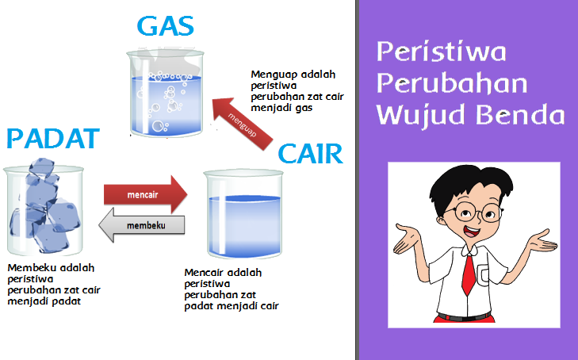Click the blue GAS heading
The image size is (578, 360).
(x=166, y=26)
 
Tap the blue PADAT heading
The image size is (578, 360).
(x=53, y=139)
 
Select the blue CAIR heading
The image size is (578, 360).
(x=310, y=154)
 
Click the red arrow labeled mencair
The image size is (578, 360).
(x=146, y=194)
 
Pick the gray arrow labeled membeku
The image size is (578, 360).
(x=142, y=225)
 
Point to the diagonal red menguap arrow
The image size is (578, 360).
(x=242, y=124)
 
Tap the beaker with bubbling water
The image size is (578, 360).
(x=166, y=92)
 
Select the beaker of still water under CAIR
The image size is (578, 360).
(x=243, y=214)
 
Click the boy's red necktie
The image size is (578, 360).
(x=469, y=274)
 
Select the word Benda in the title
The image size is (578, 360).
(x=520, y=114)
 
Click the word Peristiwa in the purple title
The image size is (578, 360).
(x=442, y=52)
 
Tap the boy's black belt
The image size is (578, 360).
(x=465, y=316)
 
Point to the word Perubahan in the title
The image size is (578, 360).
(x=452, y=83)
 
